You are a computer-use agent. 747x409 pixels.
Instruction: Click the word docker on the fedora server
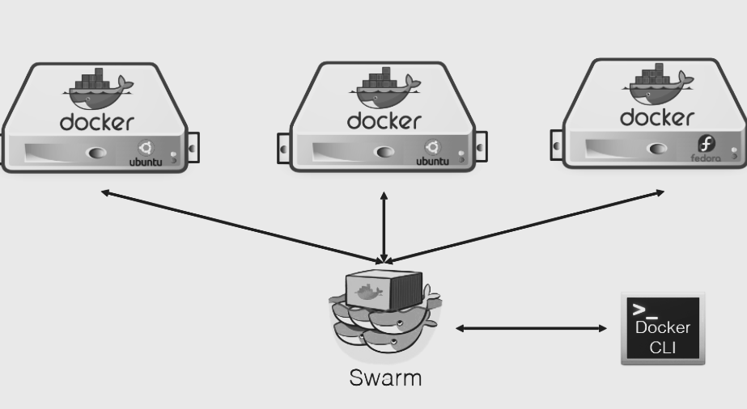pyautogui.click(x=656, y=117)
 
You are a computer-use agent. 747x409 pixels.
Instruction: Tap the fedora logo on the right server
pyautogui.click(x=707, y=145)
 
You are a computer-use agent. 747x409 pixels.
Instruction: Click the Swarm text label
pyautogui.click(x=385, y=377)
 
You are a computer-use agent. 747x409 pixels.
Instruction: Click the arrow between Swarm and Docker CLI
pyautogui.click(x=531, y=328)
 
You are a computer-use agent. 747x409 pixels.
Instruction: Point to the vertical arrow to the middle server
pyautogui.click(x=384, y=227)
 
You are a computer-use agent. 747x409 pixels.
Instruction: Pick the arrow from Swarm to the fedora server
pyautogui.click(x=526, y=227)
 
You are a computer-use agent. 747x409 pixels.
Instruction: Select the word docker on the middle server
pyautogui.click(x=384, y=122)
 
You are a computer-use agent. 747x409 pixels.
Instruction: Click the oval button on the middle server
pyautogui.click(x=384, y=151)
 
